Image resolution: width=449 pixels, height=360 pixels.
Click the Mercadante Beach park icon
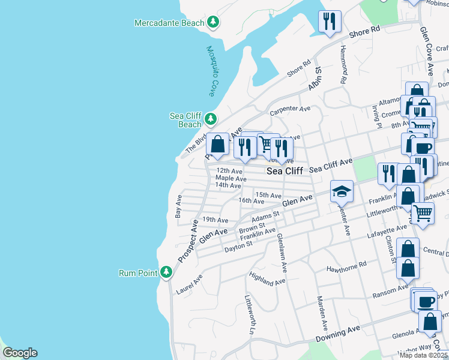tap(212, 23)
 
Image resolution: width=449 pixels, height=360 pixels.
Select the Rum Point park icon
tap(166, 273)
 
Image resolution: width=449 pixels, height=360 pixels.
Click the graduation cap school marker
tap(342, 191)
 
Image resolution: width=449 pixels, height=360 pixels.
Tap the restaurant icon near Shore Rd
tap(329, 22)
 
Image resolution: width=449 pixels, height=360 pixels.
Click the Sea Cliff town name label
tap(285, 171)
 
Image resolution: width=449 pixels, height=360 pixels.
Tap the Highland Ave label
tap(267, 279)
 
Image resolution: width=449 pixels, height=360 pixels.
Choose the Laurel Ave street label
tap(189, 284)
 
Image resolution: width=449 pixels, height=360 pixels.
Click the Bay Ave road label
tap(178, 206)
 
